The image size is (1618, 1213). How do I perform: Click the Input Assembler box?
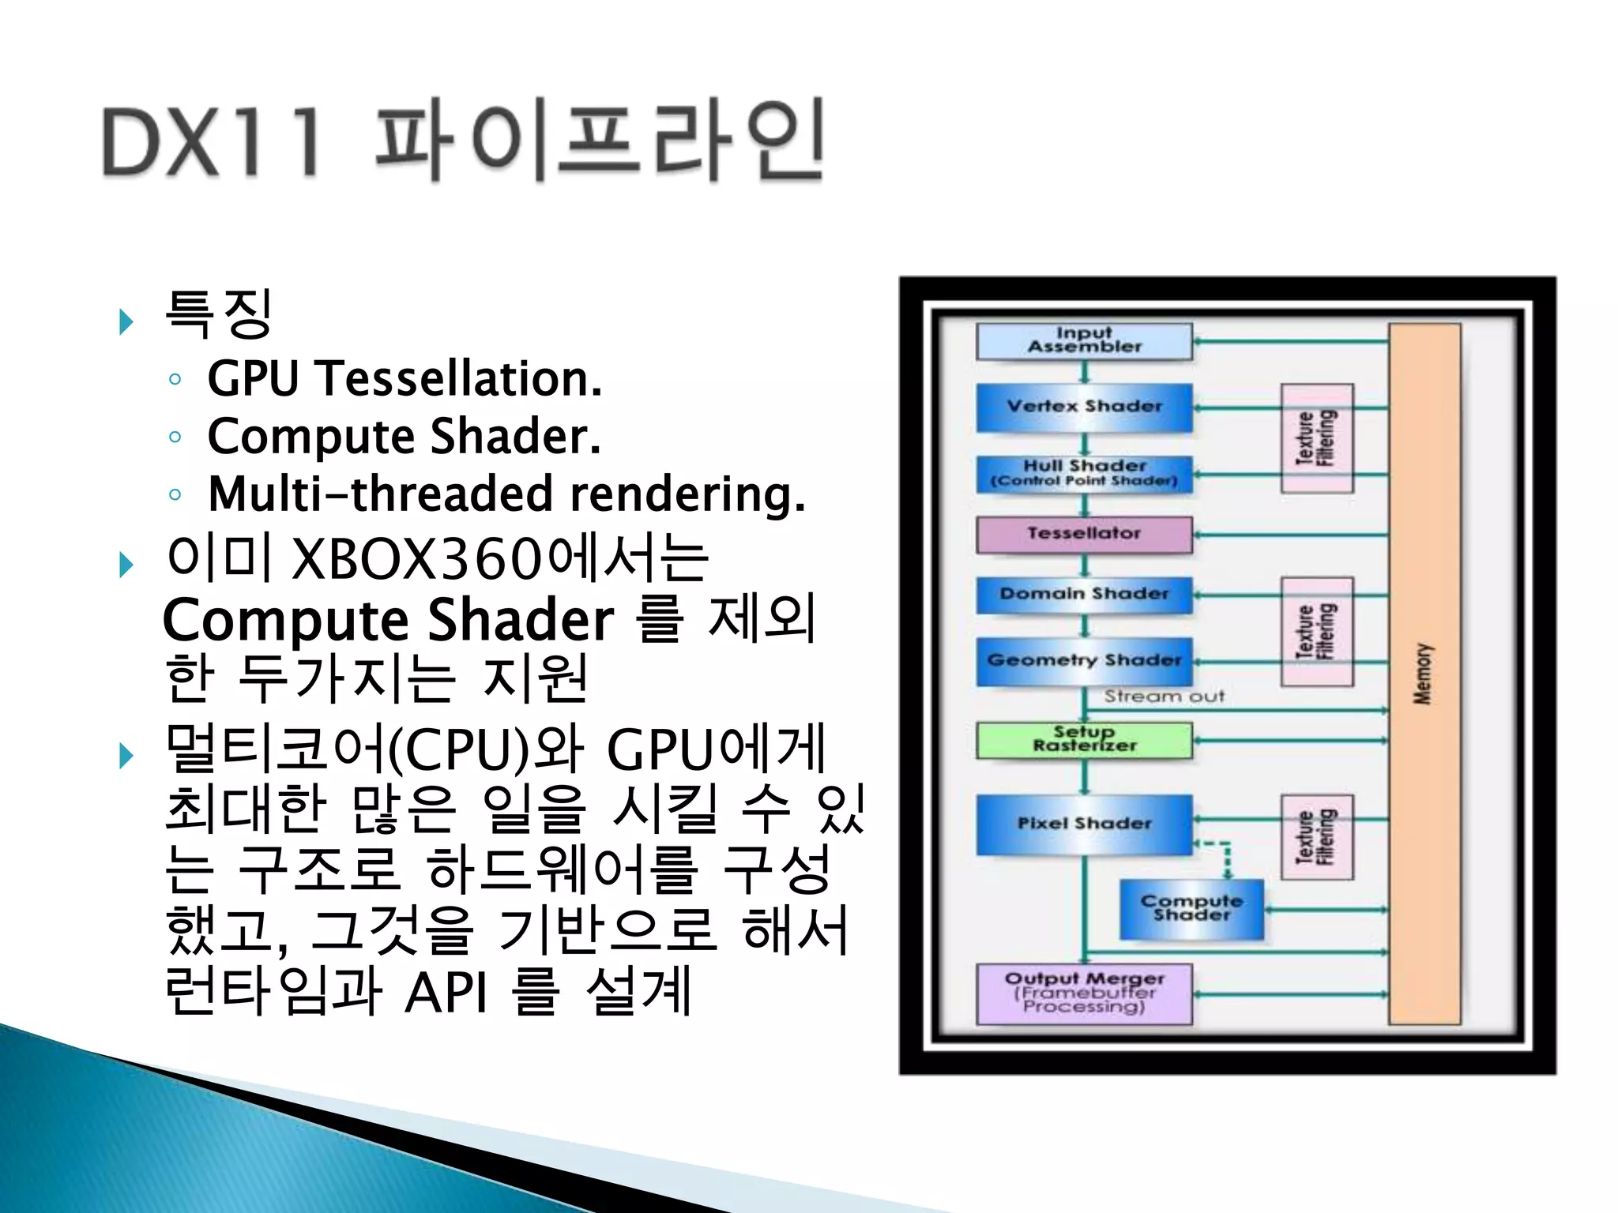[x=1084, y=341]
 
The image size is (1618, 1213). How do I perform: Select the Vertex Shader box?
[x=1084, y=407]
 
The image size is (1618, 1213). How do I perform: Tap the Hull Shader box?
[x=1084, y=473]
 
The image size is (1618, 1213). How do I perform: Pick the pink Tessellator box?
[x=1084, y=535]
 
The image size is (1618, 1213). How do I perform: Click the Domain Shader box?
[x=1084, y=595]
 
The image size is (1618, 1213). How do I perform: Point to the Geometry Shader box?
[x=1084, y=661]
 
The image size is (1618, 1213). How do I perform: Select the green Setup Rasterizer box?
[x=1084, y=740]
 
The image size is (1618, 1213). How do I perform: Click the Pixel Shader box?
[x=1084, y=824]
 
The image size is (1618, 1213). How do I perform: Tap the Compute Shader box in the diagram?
[x=1191, y=909]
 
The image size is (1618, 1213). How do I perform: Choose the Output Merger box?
[x=1084, y=993]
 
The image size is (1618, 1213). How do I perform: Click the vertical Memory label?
[x=1423, y=674]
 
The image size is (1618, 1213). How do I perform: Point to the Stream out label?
[x=1164, y=697]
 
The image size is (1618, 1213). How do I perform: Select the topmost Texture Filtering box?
[x=1316, y=438]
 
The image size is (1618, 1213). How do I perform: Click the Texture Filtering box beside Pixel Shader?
[x=1316, y=837]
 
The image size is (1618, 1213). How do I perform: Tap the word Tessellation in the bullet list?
[x=458, y=378]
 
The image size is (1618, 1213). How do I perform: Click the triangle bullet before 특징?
[x=126, y=321]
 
